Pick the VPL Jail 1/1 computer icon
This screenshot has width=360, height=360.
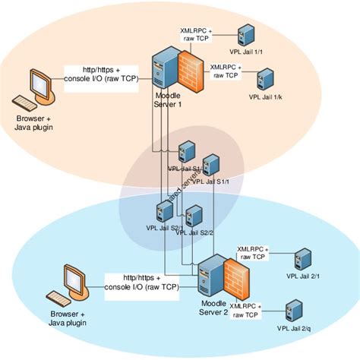[245, 33]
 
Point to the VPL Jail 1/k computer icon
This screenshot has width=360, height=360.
[265, 78]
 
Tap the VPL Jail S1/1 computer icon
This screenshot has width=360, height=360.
[211, 165]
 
